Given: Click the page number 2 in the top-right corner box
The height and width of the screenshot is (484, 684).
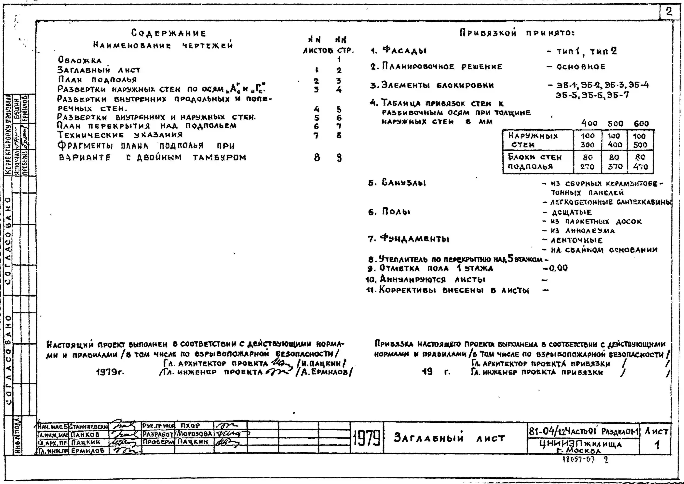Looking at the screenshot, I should click(669, 12).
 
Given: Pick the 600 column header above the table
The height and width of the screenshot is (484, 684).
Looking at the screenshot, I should click(641, 123).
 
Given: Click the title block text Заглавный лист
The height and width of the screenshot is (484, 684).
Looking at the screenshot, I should click(449, 438).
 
